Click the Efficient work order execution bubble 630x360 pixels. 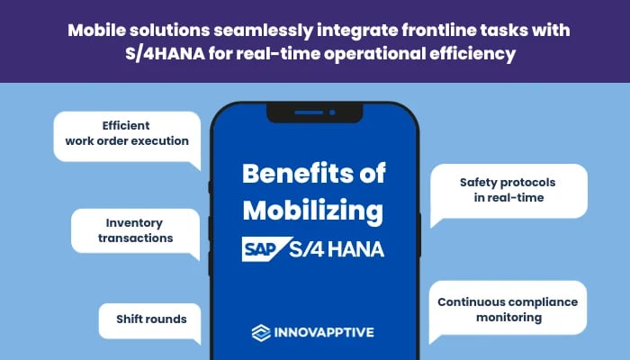point(126,133)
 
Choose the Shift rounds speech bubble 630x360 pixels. point(148,319)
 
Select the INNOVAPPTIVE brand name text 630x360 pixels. point(325,332)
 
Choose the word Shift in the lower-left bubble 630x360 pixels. point(130,319)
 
